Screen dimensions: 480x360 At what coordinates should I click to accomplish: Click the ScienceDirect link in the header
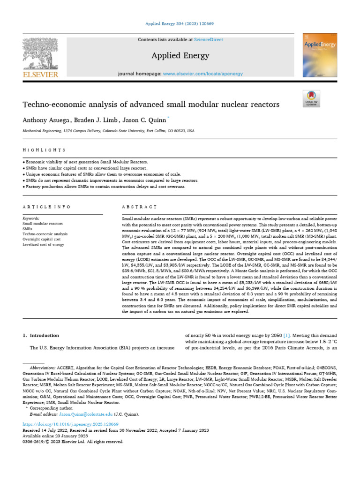pos(210,40)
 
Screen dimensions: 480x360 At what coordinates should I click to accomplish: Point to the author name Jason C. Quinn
pos(140,120)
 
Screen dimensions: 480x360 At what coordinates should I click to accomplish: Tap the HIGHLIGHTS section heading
pos(44,150)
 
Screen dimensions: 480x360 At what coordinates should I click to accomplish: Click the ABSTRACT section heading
pos(139,207)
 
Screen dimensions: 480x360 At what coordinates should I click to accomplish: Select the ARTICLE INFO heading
pos(46,207)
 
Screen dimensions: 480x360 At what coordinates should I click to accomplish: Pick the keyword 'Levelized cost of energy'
pos(43,244)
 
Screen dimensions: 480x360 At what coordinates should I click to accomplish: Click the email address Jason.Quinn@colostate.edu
pos(83,414)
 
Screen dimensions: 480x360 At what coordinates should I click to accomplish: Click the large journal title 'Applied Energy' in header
pos(180,56)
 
